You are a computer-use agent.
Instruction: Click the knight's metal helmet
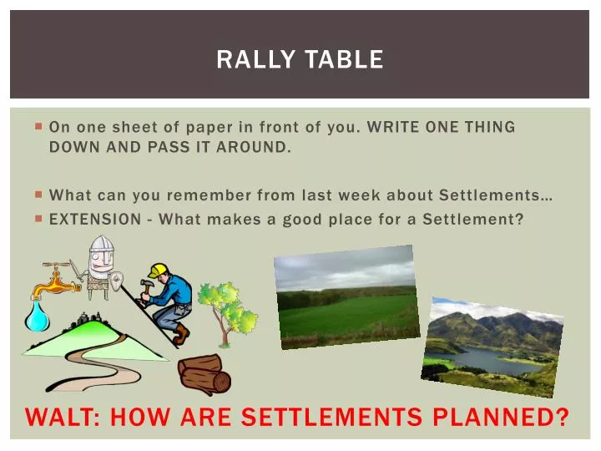pyautogui.click(x=101, y=247)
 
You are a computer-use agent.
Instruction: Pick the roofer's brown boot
pyautogui.click(x=180, y=335)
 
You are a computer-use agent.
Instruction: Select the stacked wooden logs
pyautogui.click(x=205, y=373)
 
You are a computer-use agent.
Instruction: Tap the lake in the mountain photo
pyautogui.click(x=492, y=360)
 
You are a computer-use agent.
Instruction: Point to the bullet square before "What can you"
pyautogui.click(x=39, y=195)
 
